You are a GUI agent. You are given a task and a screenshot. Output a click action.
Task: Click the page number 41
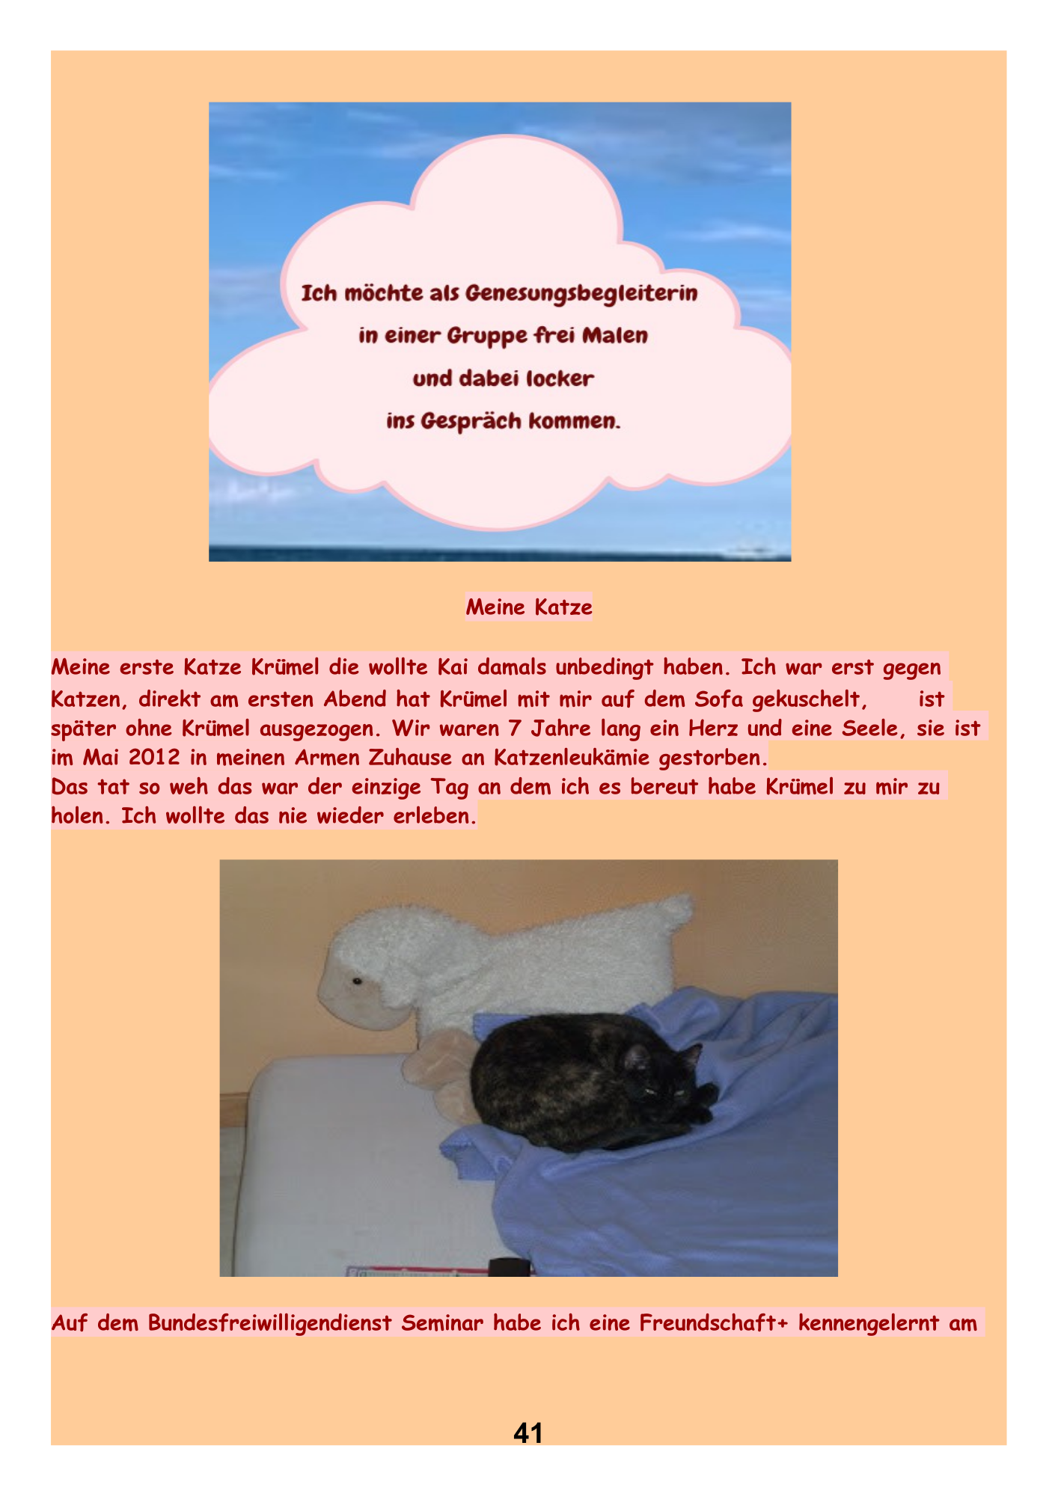point(528,1432)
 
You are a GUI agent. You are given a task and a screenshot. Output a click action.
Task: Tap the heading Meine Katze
point(529,607)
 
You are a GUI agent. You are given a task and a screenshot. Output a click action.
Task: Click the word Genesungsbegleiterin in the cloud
point(581,292)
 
